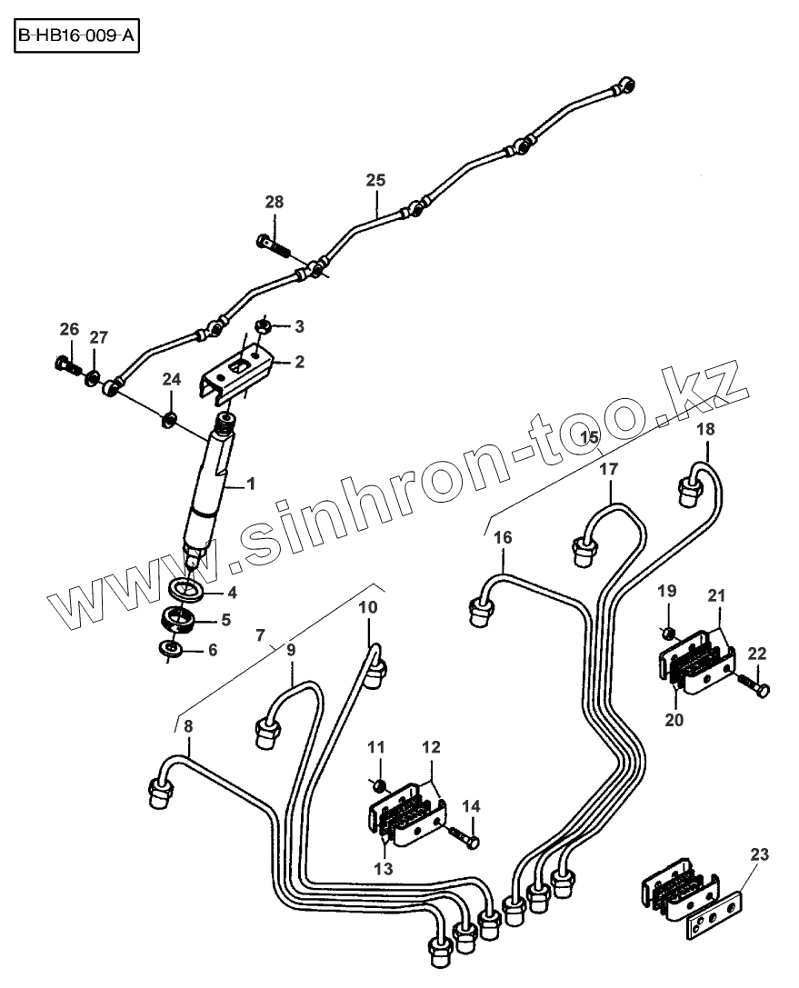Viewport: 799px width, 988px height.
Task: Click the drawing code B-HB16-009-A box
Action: point(78,40)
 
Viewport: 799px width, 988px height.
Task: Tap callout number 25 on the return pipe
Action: point(375,180)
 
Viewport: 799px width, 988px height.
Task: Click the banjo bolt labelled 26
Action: point(65,366)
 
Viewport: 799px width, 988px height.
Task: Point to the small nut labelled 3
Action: point(258,324)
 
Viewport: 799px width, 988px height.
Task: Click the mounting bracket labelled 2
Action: point(238,374)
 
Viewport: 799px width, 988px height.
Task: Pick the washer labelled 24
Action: point(167,419)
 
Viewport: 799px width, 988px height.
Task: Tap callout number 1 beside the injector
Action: point(250,484)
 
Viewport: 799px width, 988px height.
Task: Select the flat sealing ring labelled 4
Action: point(189,591)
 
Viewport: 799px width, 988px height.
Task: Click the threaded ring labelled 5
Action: point(179,623)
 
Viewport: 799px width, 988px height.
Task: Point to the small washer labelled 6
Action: point(169,649)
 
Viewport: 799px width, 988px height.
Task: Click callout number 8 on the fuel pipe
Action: point(188,726)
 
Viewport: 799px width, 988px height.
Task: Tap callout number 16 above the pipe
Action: point(503,537)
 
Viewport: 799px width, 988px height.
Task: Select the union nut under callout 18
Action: point(689,493)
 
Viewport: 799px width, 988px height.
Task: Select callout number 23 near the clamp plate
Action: point(759,853)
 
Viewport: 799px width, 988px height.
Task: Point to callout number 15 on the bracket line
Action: point(590,438)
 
